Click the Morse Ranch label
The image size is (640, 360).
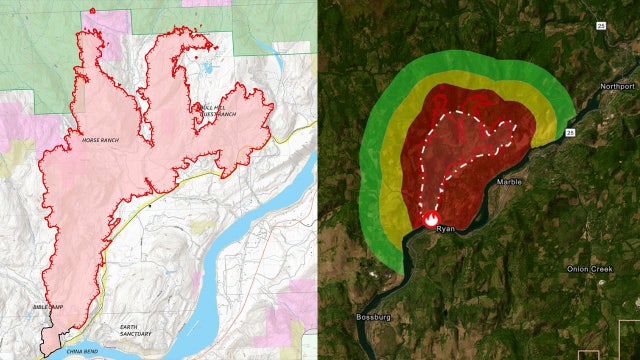pyautogui.click(x=101, y=140)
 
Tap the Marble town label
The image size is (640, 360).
pyautogui.click(x=509, y=182)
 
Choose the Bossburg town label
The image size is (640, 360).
pyautogui.click(x=371, y=317)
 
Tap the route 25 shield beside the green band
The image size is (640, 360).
pyautogui.click(x=570, y=130)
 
